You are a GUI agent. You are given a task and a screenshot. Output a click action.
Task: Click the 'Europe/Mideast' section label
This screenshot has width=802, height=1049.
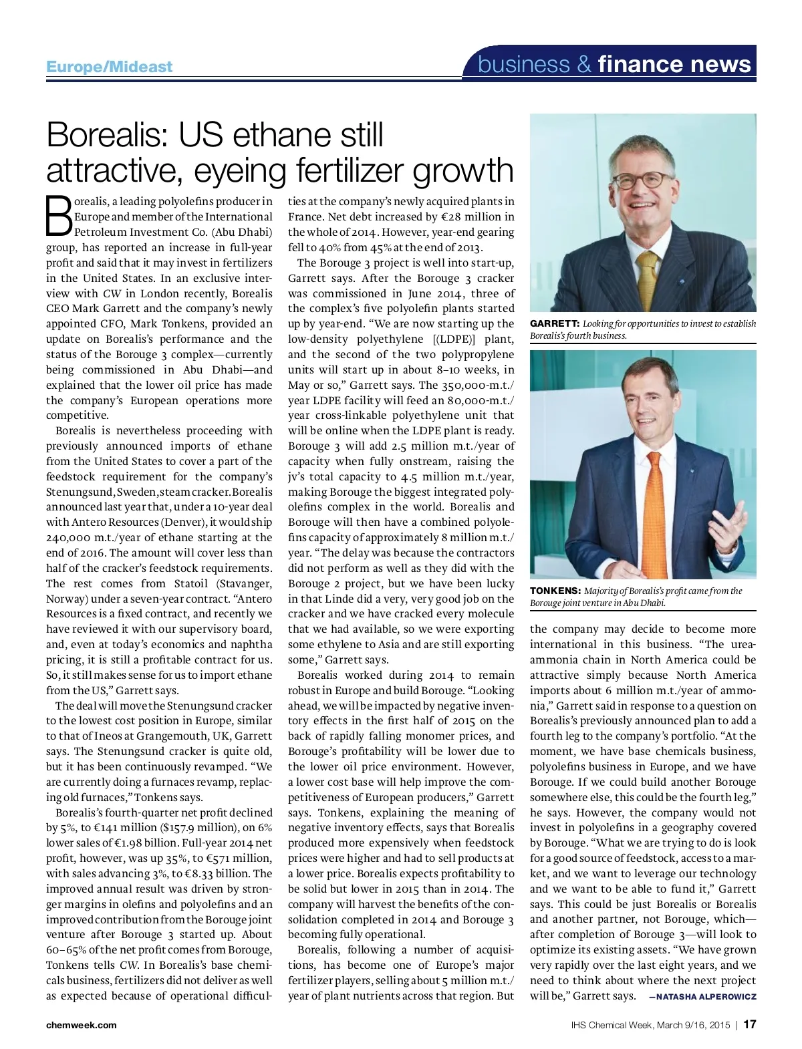(x=109, y=67)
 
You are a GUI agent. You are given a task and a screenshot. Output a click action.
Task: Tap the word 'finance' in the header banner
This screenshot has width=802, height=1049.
(x=642, y=64)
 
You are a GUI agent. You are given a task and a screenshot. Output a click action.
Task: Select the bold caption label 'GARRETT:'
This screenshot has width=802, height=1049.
(x=555, y=324)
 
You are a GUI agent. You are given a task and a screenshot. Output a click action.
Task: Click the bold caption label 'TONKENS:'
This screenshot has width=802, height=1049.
(x=555, y=591)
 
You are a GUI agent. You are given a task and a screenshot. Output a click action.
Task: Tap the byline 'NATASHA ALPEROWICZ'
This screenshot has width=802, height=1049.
(x=706, y=997)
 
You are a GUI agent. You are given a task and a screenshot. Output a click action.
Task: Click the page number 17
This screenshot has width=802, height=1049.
(x=749, y=1025)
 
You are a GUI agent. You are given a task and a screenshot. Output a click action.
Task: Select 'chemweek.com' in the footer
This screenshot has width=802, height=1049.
(x=82, y=1026)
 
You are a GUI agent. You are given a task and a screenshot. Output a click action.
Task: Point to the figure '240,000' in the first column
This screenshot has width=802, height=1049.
(x=69, y=538)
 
